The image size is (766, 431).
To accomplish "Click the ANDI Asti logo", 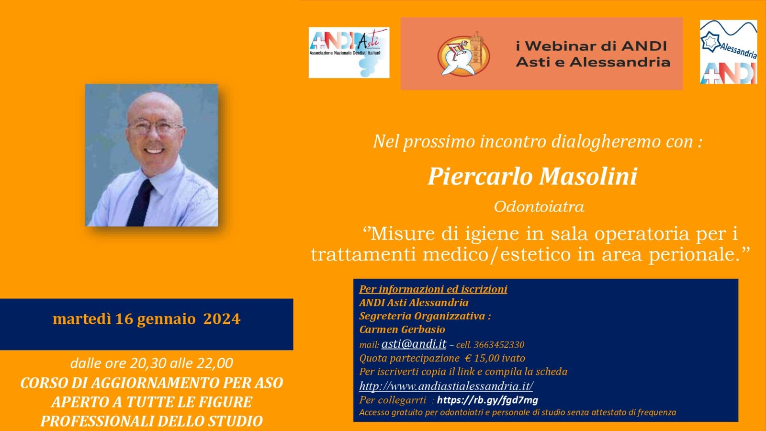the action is tap(349, 53).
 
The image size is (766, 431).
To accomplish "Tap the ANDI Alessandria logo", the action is tap(728, 52).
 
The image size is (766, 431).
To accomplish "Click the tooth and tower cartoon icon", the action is tap(464, 54).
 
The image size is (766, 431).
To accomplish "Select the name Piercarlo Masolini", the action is tap(532, 177).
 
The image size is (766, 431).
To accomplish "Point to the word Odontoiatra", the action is tap(539, 206).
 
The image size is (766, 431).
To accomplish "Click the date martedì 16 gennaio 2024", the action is tap(146, 319).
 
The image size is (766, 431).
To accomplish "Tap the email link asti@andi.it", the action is tap(414, 344).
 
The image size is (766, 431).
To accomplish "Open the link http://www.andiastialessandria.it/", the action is tap(446, 386).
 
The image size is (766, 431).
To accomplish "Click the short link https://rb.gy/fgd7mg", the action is tap(488, 400).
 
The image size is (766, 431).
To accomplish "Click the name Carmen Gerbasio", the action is tap(402, 329).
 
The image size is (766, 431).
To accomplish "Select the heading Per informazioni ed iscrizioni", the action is tap(433, 289).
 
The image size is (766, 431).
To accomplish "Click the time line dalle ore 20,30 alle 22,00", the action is tap(152, 363).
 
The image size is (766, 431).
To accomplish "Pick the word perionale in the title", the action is tap(694, 255).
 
